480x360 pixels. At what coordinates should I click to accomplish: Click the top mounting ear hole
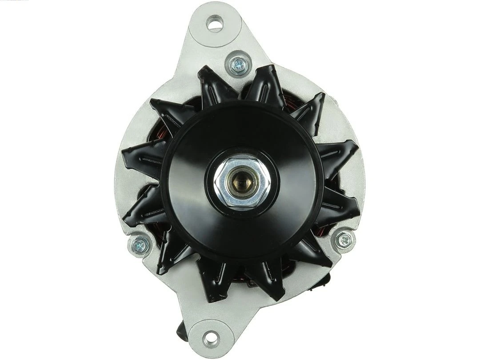pos(215,22)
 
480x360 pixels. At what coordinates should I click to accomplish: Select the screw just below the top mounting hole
pos(237,65)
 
